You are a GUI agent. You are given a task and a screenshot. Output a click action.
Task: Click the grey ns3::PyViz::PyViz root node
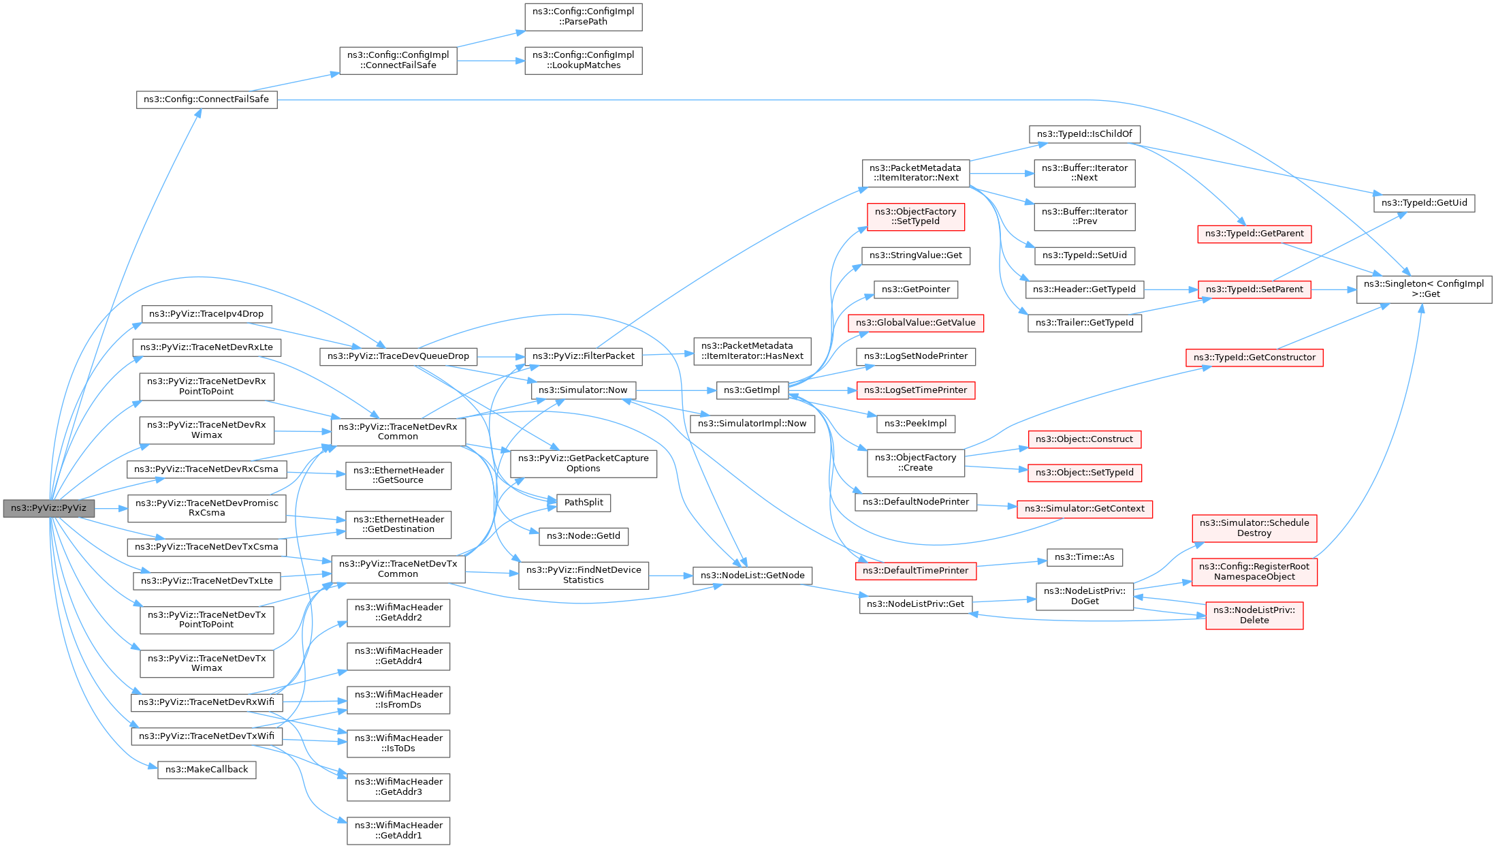48,508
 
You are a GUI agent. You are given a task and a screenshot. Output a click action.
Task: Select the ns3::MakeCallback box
206,770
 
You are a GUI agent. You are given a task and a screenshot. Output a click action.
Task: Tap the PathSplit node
584,503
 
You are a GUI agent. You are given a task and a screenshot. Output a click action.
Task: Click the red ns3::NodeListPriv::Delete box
1254,615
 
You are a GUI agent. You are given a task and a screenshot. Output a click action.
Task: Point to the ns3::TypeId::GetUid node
1424,203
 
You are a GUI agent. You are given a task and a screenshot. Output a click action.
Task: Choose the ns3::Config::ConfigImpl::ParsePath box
583,16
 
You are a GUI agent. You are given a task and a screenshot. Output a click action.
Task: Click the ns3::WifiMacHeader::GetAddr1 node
398,830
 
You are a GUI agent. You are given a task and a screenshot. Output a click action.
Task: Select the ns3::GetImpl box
752,390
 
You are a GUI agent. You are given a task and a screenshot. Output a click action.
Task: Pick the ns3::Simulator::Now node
583,390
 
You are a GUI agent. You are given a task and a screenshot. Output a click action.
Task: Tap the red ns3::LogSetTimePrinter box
915,390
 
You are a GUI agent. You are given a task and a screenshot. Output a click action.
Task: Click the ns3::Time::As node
1084,557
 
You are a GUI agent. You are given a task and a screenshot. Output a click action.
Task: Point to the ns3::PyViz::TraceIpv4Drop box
206,314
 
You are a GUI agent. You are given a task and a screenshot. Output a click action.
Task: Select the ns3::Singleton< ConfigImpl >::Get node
1423,289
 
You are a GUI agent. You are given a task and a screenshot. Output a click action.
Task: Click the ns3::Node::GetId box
584,536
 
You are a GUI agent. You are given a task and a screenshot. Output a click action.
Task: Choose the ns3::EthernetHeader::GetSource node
398,475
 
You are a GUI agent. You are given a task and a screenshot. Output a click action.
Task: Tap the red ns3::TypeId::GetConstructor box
1254,358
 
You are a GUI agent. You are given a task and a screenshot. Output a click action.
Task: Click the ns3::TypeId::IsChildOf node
1084,134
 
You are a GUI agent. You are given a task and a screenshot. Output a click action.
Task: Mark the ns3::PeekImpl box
915,424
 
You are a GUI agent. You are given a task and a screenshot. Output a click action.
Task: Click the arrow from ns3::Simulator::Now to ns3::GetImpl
676,390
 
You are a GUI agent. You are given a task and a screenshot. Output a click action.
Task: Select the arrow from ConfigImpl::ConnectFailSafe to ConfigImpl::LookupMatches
490,61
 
